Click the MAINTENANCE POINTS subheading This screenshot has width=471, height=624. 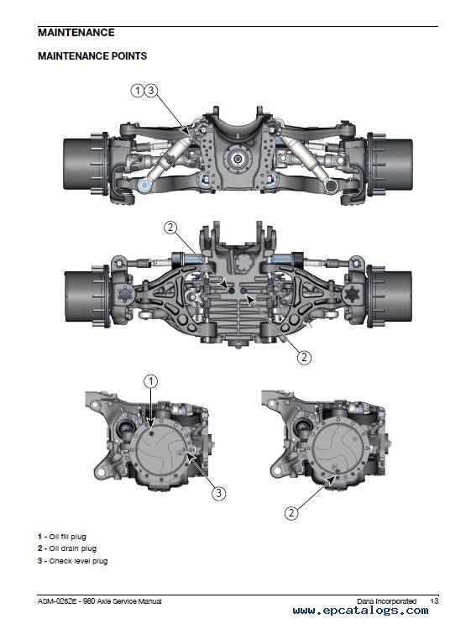(x=92, y=56)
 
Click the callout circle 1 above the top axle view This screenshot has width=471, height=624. (x=137, y=91)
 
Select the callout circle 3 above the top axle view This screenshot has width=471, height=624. (x=151, y=91)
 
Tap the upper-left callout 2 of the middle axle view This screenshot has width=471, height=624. (x=170, y=228)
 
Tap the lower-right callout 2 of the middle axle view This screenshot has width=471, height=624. (x=304, y=357)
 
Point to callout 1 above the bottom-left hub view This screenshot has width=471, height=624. (x=150, y=381)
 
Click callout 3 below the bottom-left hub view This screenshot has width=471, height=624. (x=219, y=494)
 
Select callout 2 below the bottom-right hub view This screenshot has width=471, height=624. (x=291, y=512)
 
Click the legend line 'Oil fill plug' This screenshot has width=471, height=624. (x=62, y=537)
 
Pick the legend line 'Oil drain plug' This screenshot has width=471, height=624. (x=67, y=548)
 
